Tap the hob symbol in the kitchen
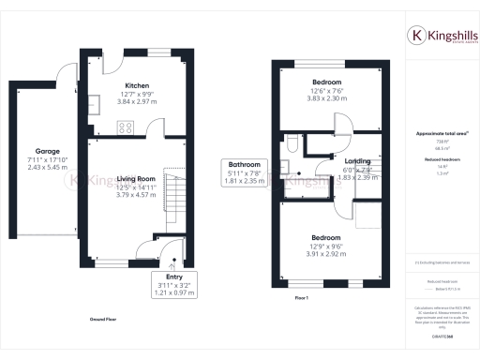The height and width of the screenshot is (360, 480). point(125,128)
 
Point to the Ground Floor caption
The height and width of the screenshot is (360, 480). point(103,320)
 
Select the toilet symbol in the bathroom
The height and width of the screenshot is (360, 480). point(292,143)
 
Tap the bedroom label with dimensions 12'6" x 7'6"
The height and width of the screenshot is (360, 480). point(330,82)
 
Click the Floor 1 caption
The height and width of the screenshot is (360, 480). point(301,297)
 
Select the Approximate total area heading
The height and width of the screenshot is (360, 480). point(441,133)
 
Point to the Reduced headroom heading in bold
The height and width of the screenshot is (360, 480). point(441,160)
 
